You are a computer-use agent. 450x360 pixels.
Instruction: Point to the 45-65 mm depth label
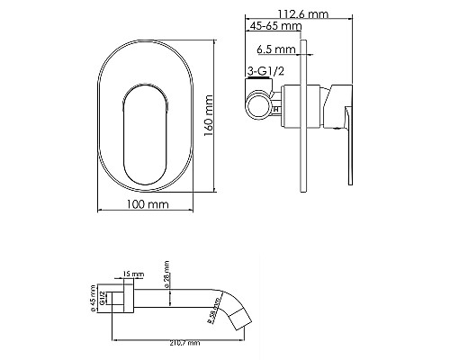point(274,27)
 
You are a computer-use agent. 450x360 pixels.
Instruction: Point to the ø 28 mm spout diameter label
point(167,269)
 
